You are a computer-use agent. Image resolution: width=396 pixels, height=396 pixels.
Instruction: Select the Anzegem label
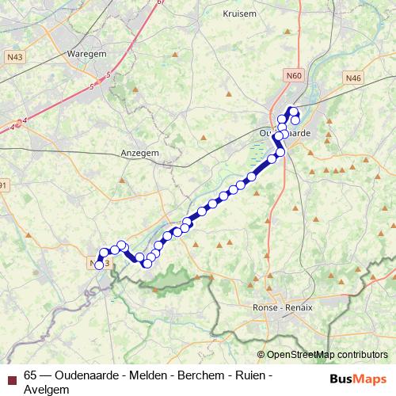(x=139, y=152)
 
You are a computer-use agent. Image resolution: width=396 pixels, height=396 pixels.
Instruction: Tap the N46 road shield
(x=353, y=78)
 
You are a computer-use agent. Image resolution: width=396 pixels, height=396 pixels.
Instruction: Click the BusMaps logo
(x=358, y=379)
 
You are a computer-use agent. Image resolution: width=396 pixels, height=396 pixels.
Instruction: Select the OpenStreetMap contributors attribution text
(x=327, y=355)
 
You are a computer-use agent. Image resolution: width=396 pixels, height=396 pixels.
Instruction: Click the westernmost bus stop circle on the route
(x=99, y=265)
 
